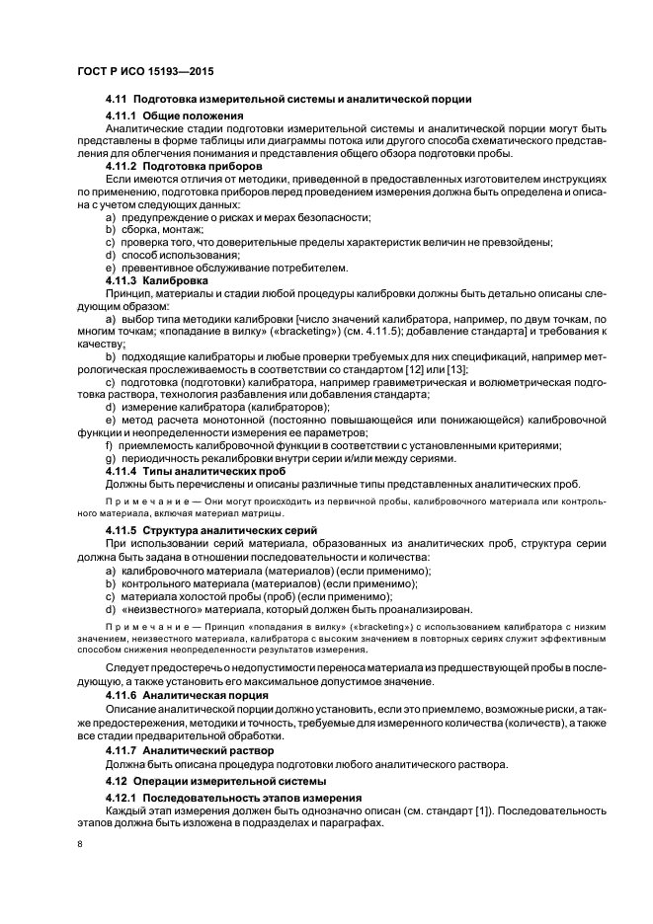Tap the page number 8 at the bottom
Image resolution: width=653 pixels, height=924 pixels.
(82, 844)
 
